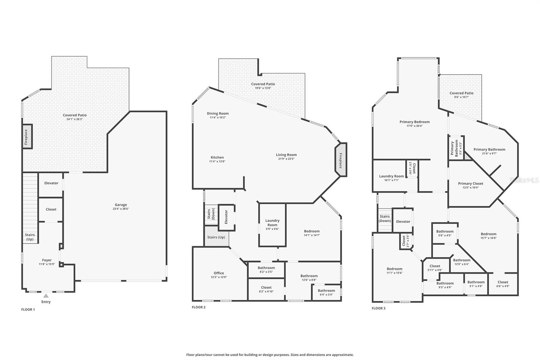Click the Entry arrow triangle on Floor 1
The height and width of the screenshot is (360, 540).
[x=46, y=296]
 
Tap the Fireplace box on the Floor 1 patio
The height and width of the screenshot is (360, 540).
[x=27, y=136]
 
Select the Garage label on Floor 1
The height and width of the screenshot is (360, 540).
[x=121, y=205]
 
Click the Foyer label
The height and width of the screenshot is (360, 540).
[x=47, y=260]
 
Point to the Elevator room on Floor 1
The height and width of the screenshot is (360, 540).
[x=51, y=183]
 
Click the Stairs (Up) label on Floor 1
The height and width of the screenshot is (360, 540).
[x=30, y=237]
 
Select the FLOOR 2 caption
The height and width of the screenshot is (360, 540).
[x=198, y=307]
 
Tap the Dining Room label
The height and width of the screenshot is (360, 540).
[x=218, y=113]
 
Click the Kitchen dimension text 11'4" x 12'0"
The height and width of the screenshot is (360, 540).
[x=217, y=161]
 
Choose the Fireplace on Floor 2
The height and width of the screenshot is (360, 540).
[x=341, y=159]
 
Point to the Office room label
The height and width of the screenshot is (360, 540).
[x=219, y=273]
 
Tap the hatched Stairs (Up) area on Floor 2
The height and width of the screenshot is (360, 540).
[x=216, y=237]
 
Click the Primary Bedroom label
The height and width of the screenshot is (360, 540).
[x=414, y=122]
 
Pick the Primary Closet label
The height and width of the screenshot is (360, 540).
[x=470, y=183]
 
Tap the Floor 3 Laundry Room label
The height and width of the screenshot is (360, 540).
[x=391, y=176]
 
